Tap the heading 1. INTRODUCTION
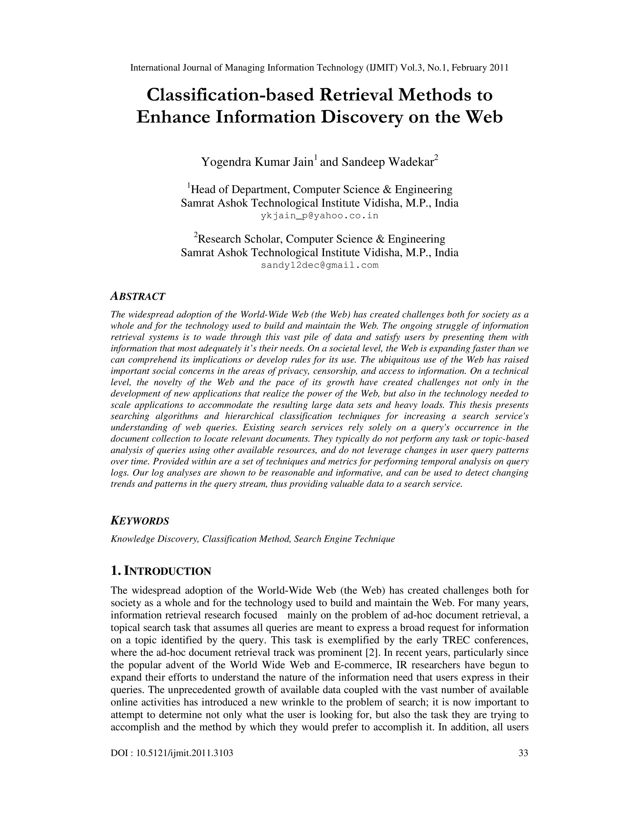point(161,571)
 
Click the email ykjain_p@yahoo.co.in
point(319,216)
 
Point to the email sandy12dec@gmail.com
point(319,265)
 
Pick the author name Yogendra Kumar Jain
point(257,162)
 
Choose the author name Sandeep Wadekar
point(387,162)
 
